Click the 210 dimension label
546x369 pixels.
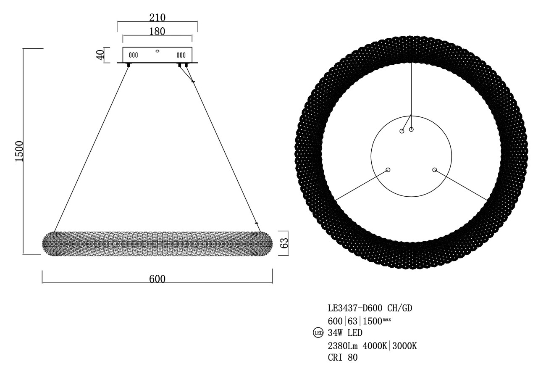tap(157, 18)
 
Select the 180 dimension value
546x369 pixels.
tap(157, 32)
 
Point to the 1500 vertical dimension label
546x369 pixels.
tap(19, 151)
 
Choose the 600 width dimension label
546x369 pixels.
tap(157, 279)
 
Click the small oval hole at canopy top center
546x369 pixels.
tap(157, 51)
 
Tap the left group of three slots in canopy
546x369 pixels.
tap(133, 55)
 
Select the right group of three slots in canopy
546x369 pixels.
tap(181, 55)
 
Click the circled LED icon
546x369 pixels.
tap(318, 333)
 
